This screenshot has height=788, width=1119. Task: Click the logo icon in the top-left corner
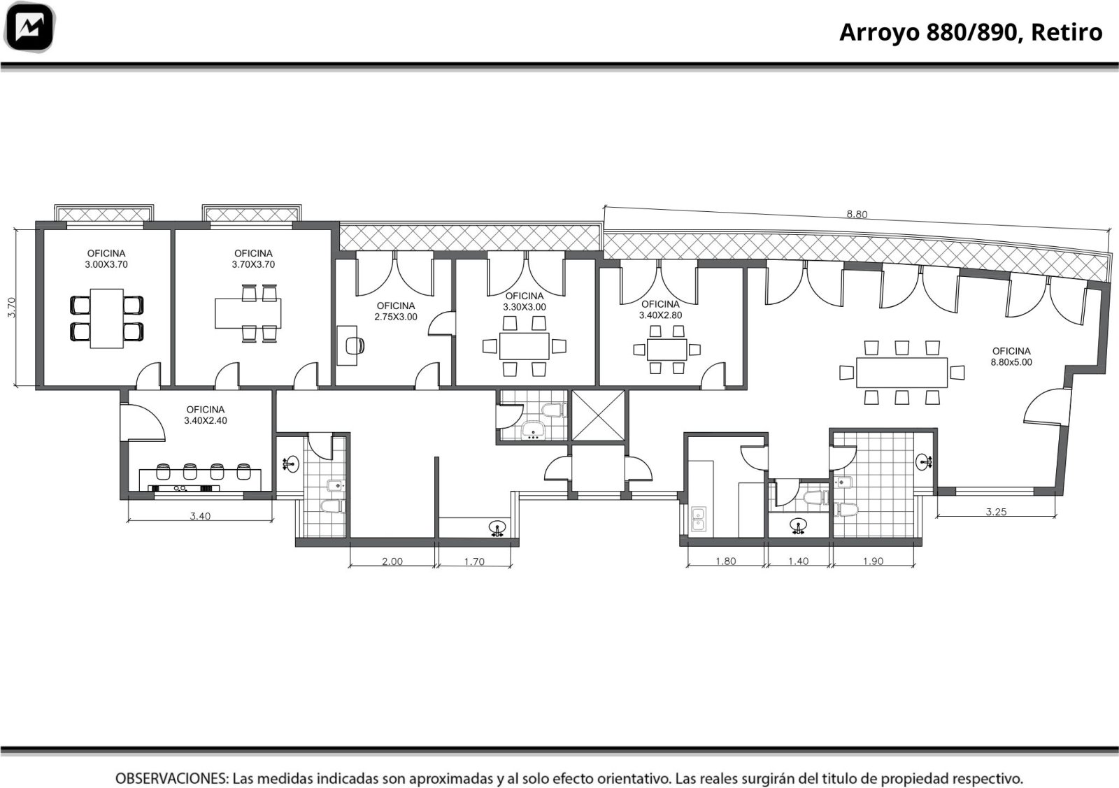(x=29, y=27)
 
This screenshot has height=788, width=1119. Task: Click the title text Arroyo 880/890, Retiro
(x=971, y=32)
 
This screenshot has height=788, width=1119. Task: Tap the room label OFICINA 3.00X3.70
(x=106, y=259)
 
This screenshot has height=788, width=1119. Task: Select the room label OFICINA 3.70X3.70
(x=253, y=259)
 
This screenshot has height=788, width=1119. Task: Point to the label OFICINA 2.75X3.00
(x=396, y=311)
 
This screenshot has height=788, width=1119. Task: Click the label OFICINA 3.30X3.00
(x=525, y=301)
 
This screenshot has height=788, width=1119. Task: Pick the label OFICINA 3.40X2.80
(x=660, y=310)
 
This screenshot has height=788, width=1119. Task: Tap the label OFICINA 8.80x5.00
(x=1011, y=357)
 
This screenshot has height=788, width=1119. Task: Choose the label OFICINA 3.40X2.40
(x=206, y=415)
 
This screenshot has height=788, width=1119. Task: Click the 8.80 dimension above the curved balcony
(x=857, y=214)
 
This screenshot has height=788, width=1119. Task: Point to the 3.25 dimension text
(x=996, y=511)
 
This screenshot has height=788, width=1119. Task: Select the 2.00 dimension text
(x=392, y=561)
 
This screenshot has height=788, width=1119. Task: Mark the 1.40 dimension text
(x=798, y=561)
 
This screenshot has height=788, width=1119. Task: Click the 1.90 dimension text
(x=874, y=561)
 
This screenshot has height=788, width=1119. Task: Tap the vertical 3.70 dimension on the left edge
(x=11, y=307)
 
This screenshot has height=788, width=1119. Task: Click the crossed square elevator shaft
(x=598, y=416)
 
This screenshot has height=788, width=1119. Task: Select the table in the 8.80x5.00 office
(x=901, y=373)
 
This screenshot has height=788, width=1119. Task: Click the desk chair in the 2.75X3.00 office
(x=355, y=345)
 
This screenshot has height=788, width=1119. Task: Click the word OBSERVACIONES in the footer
(x=172, y=778)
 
